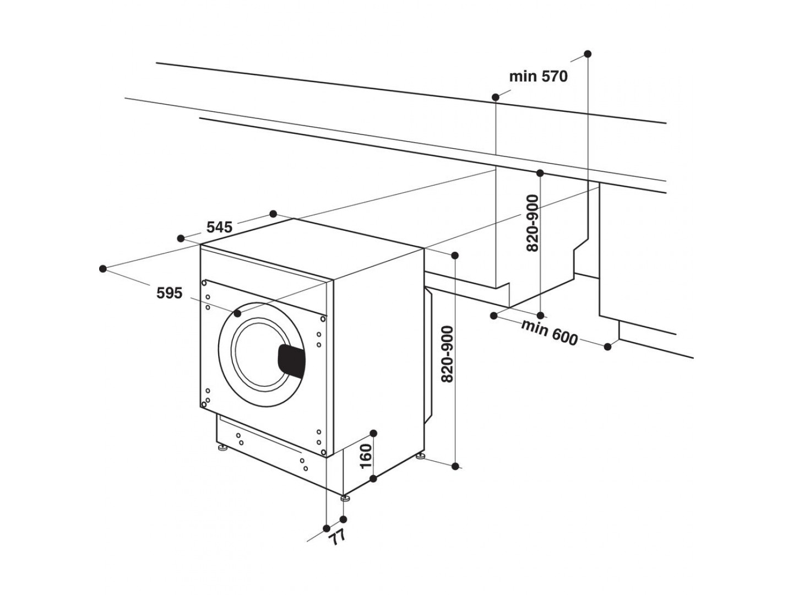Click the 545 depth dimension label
pyautogui.click(x=220, y=226)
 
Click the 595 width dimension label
pyautogui.click(x=169, y=293)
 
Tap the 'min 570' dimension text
pyautogui.click(x=538, y=76)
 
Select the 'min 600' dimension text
pyautogui.click(x=550, y=333)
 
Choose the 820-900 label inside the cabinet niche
pyautogui.click(x=531, y=224)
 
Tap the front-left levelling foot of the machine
pyautogui.click(x=222, y=448)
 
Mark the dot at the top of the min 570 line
pyautogui.click(x=495, y=98)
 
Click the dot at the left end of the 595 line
pyautogui.click(x=102, y=268)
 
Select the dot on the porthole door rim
pyautogui.click(x=237, y=313)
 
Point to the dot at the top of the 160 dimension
pyautogui.click(x=373, y=433)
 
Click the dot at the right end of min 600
pyautogui.click(x=608, y=347)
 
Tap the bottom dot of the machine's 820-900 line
pyautogui.click(x=455, y=466)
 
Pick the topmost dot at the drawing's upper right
pyautogui.click(x=588, y=54)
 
